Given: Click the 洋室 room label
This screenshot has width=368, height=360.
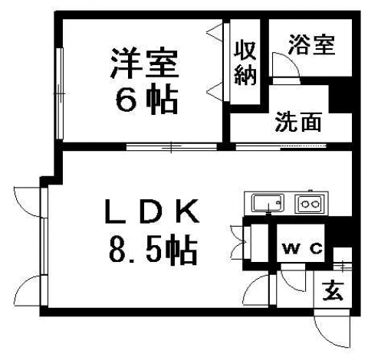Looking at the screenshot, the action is pos(145,63).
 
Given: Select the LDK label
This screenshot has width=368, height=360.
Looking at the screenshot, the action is pos(152,211).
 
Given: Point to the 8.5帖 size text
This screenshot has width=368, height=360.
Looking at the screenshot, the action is pos(153,249).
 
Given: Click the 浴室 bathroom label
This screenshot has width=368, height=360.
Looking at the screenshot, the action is pos(311,45).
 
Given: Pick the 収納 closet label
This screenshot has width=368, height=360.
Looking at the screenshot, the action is pos(245,63).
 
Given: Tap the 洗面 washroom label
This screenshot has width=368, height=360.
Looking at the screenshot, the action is pos(298,122).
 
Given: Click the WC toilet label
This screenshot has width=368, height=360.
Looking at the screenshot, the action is pos(303,248).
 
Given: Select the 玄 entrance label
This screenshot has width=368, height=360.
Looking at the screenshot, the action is pos(333,291).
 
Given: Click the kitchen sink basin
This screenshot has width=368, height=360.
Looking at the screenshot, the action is pos(268,203).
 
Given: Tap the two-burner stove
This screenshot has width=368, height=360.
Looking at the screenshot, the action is pos(310,204).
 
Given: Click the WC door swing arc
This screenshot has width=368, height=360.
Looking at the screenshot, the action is pos(297,283).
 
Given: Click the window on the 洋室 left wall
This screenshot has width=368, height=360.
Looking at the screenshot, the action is pos(59,93).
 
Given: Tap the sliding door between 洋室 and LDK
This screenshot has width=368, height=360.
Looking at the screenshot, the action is pos(172,147).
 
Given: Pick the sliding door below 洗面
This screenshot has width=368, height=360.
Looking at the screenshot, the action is pos(281,147).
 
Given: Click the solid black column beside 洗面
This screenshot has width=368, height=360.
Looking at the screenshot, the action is pos(340,98).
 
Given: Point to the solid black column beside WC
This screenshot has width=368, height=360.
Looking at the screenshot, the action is pos(339,231).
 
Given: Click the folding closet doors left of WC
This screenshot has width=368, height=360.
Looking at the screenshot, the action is pos(238,243).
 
